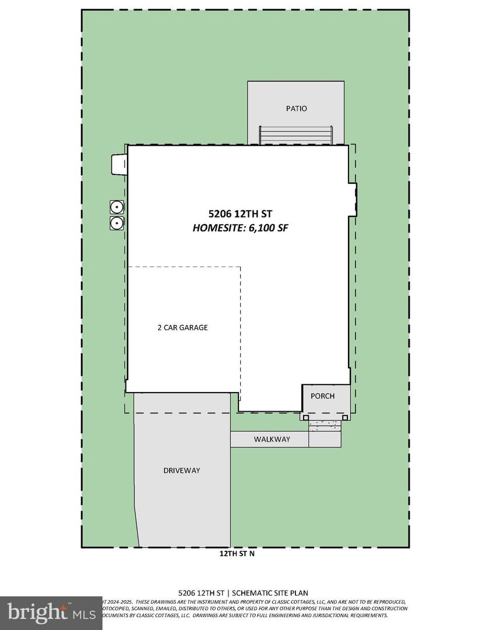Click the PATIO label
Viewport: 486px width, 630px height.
(296, 108)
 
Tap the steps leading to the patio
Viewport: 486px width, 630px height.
(297, 136)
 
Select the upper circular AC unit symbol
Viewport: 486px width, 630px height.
(117, 206)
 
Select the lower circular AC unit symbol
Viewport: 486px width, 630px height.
(117, 222)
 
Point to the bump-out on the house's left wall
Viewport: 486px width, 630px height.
(118, 164)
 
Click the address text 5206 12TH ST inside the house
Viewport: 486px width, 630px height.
(240, 214)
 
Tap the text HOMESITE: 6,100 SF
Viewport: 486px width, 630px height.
(240, 228)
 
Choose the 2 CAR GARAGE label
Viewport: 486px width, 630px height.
(182, 328)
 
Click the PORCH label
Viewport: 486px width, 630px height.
(322, 396)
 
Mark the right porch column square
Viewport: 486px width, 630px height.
(346, 417)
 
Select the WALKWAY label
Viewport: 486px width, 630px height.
(272, 439)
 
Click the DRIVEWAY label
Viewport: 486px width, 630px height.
(182, 470)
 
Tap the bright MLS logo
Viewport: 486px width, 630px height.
(51, 612)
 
